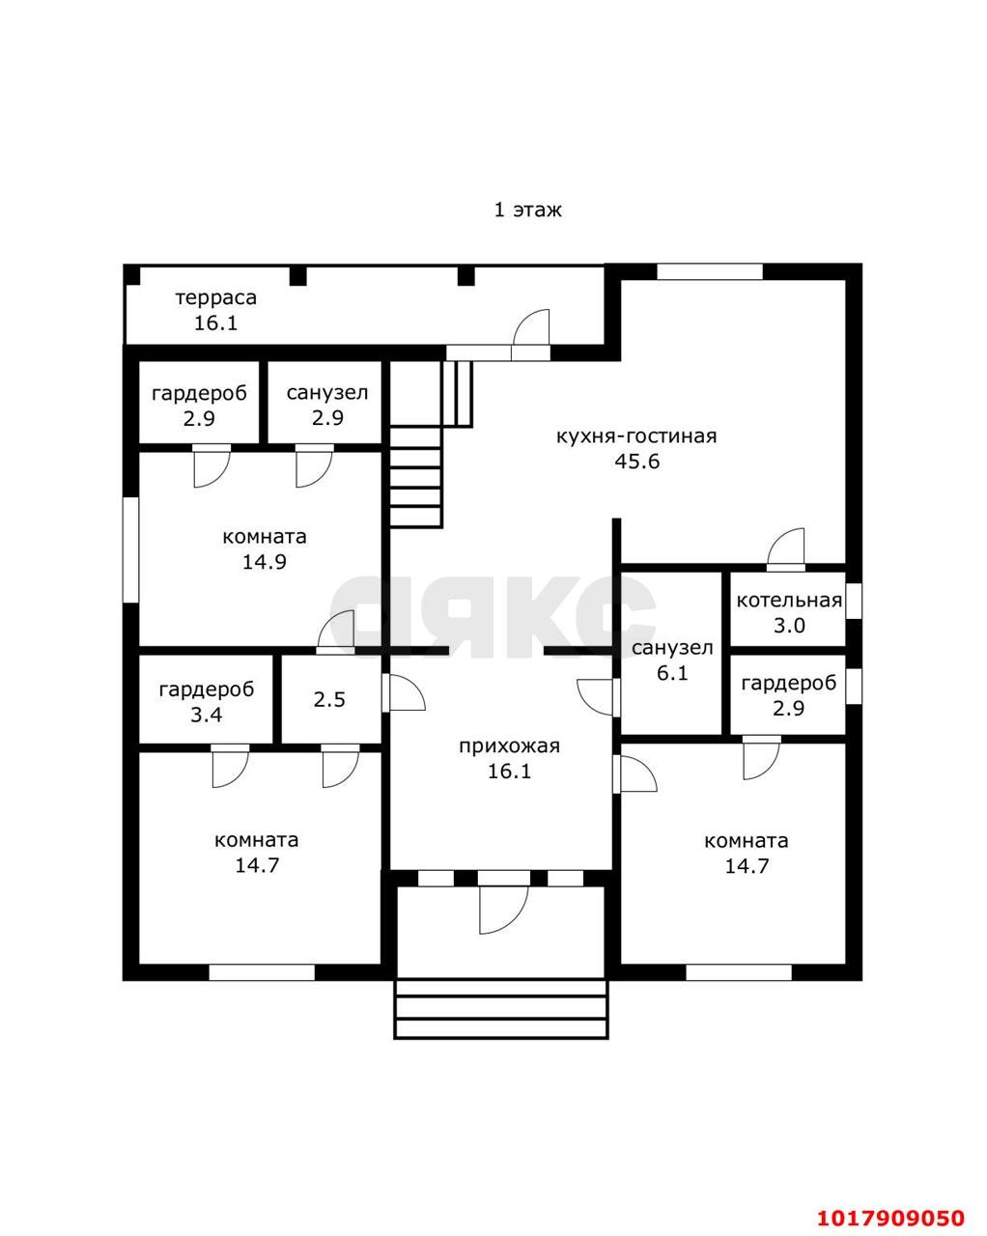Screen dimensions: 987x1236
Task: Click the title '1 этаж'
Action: pyautogui.click(x=527, y=211)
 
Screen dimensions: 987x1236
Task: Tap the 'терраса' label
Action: pyautogui.click(x=215, y=298)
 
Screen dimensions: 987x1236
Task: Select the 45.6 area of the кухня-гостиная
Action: pyautogui.click(x=637, y=461)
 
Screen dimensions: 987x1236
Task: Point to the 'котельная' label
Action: pyautogui.click(x=789, y=601)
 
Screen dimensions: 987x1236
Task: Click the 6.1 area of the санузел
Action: pyautogui.click(x=672, y=672)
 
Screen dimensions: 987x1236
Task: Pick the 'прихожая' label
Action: pyautogui.click(x=509, y=746)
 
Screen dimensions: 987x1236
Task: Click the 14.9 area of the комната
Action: pyautogui.click(x=264, y=562)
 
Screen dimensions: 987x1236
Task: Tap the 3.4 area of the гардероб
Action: pyautogui.click(x=207, y=715)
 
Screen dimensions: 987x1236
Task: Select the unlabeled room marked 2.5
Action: pyautogui.click(x=329, y=699)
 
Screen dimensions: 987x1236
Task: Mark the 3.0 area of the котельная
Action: pyautogui.click(x=789, y=626)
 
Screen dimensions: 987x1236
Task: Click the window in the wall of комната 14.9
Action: pyautogui.click(x=131, y=549)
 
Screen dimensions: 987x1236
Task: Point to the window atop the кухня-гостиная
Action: pyautogui.click(x=710, y=271)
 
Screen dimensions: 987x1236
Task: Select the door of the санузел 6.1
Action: pyautogui.click(x=596, y=697)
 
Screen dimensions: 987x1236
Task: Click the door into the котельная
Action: pyautogui.click(x=786, y=548)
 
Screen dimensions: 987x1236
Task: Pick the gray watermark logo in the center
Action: pyautogui.click(x=493, y=616)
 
